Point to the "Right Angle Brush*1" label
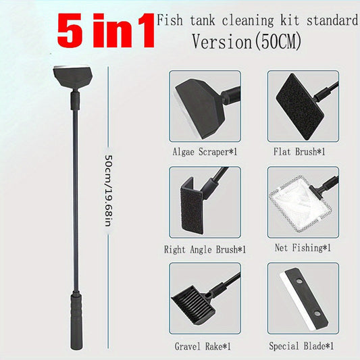(x=205, y=249)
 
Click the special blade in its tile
(x=302, y=299)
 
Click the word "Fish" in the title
(x=168, y=20)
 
